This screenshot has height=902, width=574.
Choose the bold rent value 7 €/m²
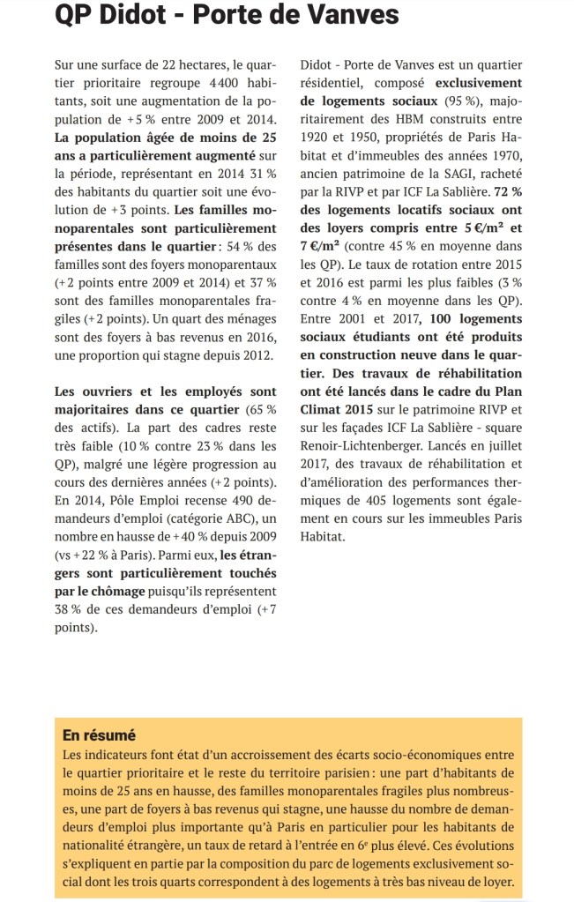319,245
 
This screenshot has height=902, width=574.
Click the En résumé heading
100,734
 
